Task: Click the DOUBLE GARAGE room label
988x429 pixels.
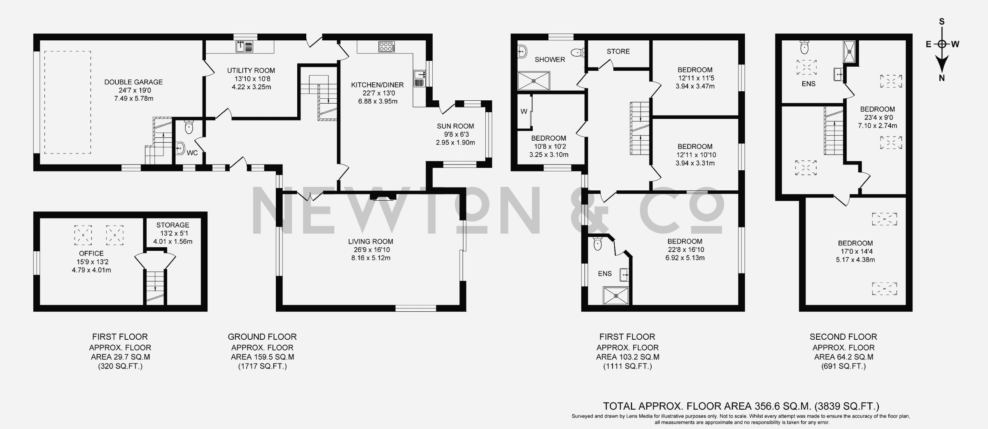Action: coord(133,82)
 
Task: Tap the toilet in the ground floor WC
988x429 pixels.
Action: coord(189,127)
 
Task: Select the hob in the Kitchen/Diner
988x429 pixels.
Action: coord(386,47)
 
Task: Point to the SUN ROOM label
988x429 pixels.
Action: coord(455,126)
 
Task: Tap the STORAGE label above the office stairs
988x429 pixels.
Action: coord(172,225)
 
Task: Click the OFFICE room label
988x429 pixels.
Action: coord(91,253)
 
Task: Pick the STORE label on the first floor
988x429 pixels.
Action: coord(618,51)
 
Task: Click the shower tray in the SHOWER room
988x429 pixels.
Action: coord(534,81)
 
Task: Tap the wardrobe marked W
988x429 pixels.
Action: coord(524,111)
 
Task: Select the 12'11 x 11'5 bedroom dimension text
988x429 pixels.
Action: coord(695,78)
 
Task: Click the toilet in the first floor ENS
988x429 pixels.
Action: coord(598,244)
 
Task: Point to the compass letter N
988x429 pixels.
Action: coord(941,78)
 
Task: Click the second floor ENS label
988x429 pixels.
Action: coord(809,84)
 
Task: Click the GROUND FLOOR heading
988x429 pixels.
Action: coord(262,337)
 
